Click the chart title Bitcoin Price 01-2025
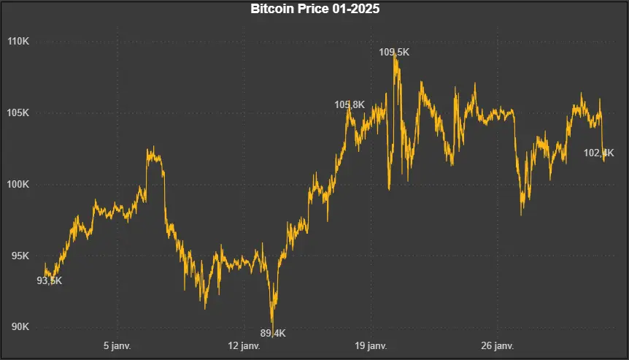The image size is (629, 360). point(314,9)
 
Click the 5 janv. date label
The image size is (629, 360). point(117,345)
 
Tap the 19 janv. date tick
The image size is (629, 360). point(371,345)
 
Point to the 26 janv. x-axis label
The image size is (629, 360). point(498,345)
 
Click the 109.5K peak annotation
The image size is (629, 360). point(394,52)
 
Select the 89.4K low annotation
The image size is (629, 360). point(273,334)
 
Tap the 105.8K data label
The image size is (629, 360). point(350,105)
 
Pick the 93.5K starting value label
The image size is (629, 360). point(50,280)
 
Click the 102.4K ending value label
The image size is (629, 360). point(599,153)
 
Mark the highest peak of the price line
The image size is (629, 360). point(395,55)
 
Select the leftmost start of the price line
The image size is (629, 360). point(45,264)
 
